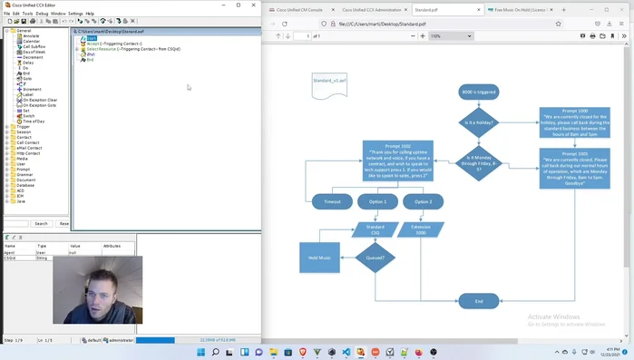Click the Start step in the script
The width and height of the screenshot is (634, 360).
(91, 38)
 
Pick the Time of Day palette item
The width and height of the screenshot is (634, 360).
(34, 121)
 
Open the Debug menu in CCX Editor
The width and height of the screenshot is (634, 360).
(42, 14)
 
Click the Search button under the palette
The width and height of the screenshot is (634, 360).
(41, 223)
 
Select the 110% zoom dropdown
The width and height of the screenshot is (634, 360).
(450, 36)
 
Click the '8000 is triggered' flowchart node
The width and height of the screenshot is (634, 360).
(478, 92)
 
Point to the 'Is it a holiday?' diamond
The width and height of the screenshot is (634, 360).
(478, 122)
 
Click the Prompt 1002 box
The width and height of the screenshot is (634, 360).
(397, 162)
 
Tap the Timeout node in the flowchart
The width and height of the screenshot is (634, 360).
(332, 201)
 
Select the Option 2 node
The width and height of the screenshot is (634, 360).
(423, 201)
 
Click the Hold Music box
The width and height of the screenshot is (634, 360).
(319, 258)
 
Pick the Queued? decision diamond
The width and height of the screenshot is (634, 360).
(376, 258)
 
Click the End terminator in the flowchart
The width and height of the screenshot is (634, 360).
(478, 301)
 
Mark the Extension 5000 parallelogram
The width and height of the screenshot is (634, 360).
(421, 229)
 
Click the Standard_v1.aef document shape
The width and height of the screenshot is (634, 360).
(329, 84)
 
